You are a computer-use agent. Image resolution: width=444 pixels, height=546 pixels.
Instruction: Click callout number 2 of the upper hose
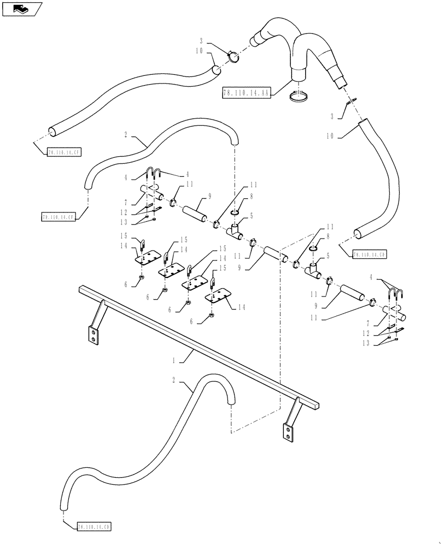[126, 133]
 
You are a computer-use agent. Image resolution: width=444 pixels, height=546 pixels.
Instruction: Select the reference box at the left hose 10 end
[64, 153]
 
